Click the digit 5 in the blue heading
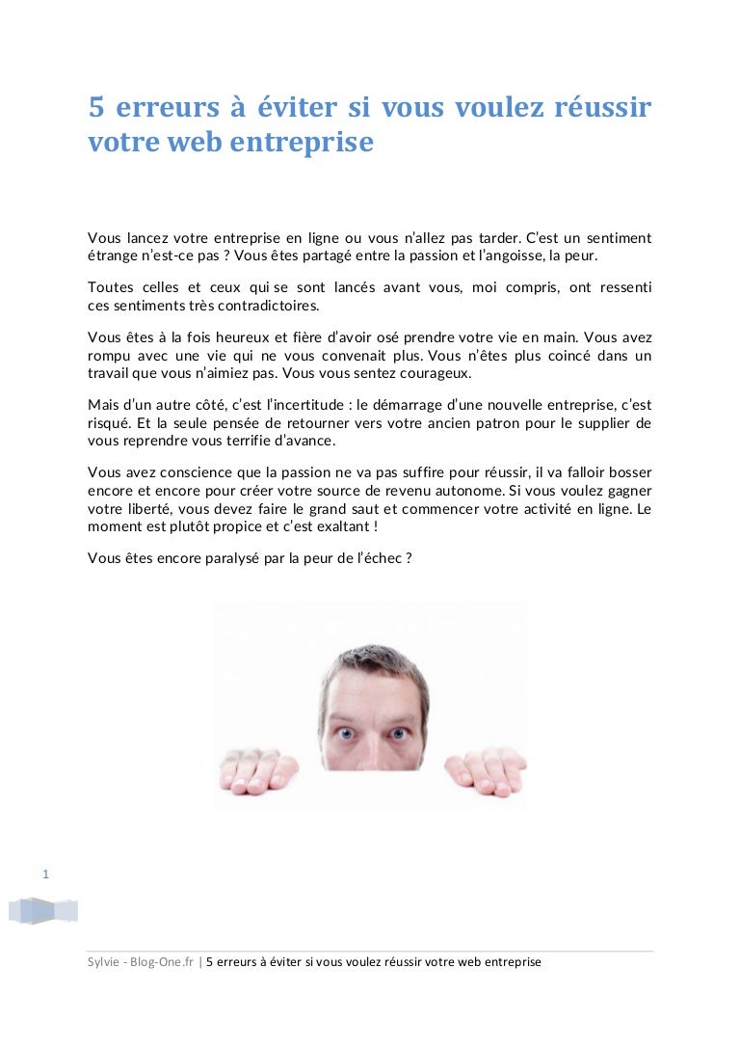[95, 108]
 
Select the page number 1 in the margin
[46, 874]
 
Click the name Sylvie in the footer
[103, 962]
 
